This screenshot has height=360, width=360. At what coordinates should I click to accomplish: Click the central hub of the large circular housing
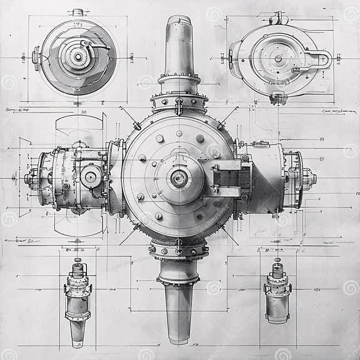[179, 179]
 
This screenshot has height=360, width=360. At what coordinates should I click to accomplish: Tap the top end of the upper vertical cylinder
[179, 20]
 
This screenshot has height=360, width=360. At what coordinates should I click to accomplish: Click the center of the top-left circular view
[78, 57]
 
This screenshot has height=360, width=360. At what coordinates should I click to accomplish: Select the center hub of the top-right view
[278, 59]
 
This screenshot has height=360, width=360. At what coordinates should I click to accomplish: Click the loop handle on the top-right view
[320, 60]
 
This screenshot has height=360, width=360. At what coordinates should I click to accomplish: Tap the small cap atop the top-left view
[77, 12]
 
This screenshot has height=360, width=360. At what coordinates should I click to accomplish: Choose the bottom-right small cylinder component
[277, 294]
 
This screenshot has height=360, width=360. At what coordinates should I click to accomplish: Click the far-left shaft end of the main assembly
[29, 179]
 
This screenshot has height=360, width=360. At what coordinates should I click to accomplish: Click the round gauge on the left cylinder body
[91, 177]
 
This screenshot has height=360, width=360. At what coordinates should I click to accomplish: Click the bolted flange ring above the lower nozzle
[179, 250]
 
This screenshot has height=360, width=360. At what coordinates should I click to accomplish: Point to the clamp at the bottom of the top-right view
[278, 97]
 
